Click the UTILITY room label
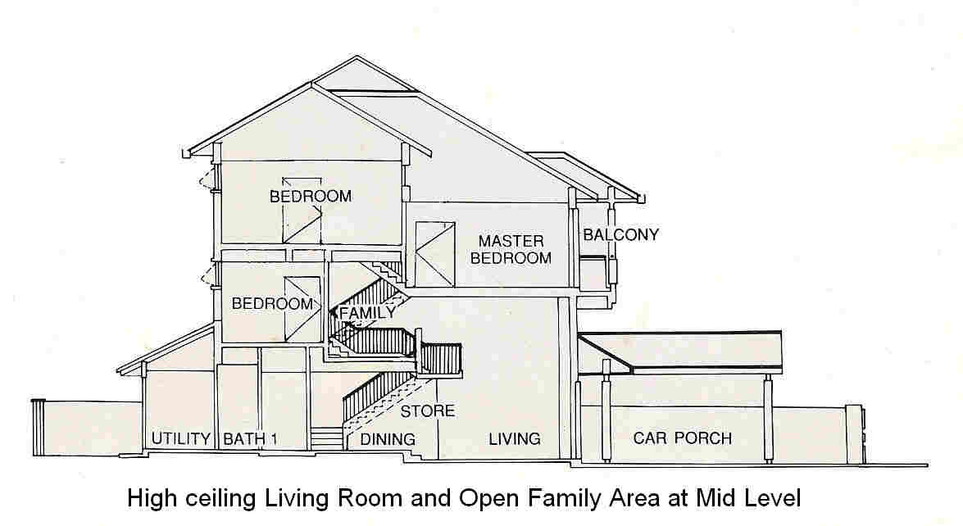(x=180, y=438)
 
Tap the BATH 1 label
(x=251, y=438)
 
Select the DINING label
(x=388, y=439)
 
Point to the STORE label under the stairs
(x=427, y=410)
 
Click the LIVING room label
(x=515, y=438)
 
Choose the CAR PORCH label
(x=682, y=438)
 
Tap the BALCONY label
(x=620, y=235)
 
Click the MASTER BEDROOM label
(x=515, y=249)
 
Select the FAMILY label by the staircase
(x=367, y=312)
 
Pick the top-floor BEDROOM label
(x=311, y=197)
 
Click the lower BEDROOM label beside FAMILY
(x=272, y=303)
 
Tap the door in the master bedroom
(x=434, y=253)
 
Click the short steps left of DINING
(x=326, y=439)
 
